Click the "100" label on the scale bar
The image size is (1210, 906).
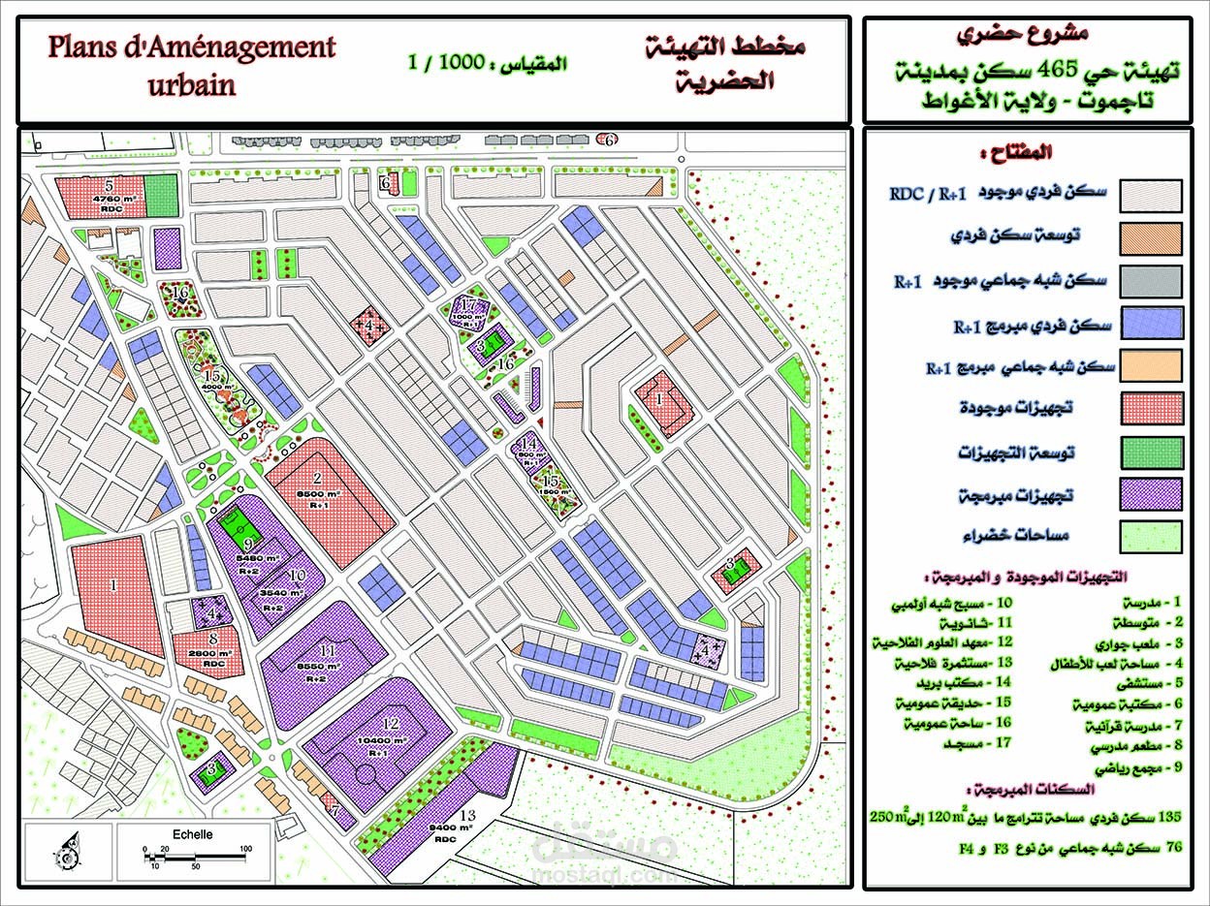coord(245,849)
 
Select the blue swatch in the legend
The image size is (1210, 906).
coord(1151,323)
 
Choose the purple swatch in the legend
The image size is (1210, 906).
coord(1151,493)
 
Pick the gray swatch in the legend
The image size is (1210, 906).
coord(1151,280)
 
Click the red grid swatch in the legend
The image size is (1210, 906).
coord(1151,408)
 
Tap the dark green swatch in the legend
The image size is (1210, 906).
coord(1151,451)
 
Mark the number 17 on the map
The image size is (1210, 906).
coord(469,304)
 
